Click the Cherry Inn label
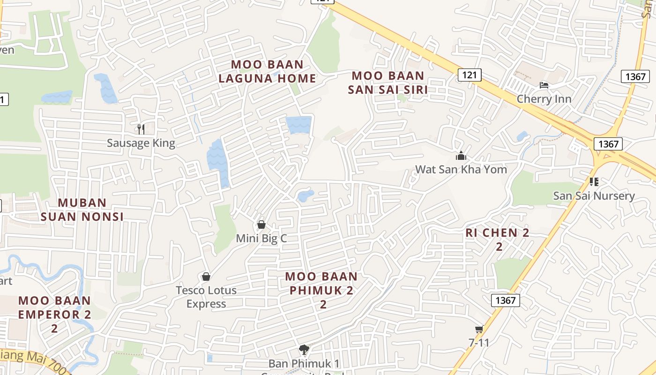tap(544, 99)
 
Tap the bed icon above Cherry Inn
tap(544, 85)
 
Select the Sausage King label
tap(141, 143)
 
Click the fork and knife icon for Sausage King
tap(141, 128)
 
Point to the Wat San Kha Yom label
tap(461, 169)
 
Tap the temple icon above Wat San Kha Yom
tap(461, 156)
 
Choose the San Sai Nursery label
tap(594, 195)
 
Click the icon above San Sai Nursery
tap(594, 181)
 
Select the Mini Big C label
tap(261, 238)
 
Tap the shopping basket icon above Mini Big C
tap(261, 225)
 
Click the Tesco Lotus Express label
tap(206, 297)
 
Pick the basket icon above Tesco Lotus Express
tap(206, 277)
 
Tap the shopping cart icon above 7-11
tap(479, 330)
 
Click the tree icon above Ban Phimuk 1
tap(304, 349)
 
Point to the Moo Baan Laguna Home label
tap(268, 71)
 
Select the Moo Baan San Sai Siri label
tap(388, 82)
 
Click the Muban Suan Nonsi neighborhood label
tap(82, 210)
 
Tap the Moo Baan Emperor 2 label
tap(54, 307)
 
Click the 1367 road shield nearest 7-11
tap(506, 300)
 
